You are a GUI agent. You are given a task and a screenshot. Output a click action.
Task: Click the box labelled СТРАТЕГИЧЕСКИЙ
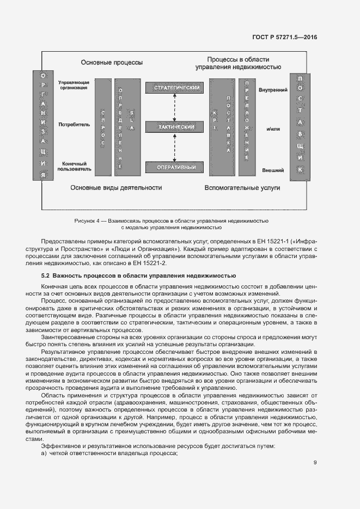click(174, 88)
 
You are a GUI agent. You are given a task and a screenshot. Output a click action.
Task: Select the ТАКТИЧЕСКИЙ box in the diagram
click(174, 127)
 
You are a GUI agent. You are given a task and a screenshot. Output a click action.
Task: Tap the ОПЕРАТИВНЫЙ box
click(174, 167)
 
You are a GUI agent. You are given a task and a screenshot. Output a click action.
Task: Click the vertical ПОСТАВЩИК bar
click(301, 125)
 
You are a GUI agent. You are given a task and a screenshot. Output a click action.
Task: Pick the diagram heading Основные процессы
click(112, 63)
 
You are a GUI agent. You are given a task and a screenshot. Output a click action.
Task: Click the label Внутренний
click(273, 89)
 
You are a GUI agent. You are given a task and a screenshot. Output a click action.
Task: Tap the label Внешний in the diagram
click(273, 170)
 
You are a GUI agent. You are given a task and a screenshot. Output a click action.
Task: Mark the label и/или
click(273, 130)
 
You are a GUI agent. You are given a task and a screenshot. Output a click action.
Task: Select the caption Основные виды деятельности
click(116, 188)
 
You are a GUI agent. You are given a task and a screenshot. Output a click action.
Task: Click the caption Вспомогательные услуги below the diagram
click(242, 188)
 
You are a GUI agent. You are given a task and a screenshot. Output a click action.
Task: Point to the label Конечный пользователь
click(75, 167)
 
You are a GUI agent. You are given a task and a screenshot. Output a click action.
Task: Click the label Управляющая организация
click(75, 84)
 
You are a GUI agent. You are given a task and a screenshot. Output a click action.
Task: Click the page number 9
click(315, 463)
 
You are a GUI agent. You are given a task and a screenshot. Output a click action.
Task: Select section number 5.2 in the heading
click(46, 275)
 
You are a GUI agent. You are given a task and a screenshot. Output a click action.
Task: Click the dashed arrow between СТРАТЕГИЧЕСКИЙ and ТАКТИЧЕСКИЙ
click(174, 107)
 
